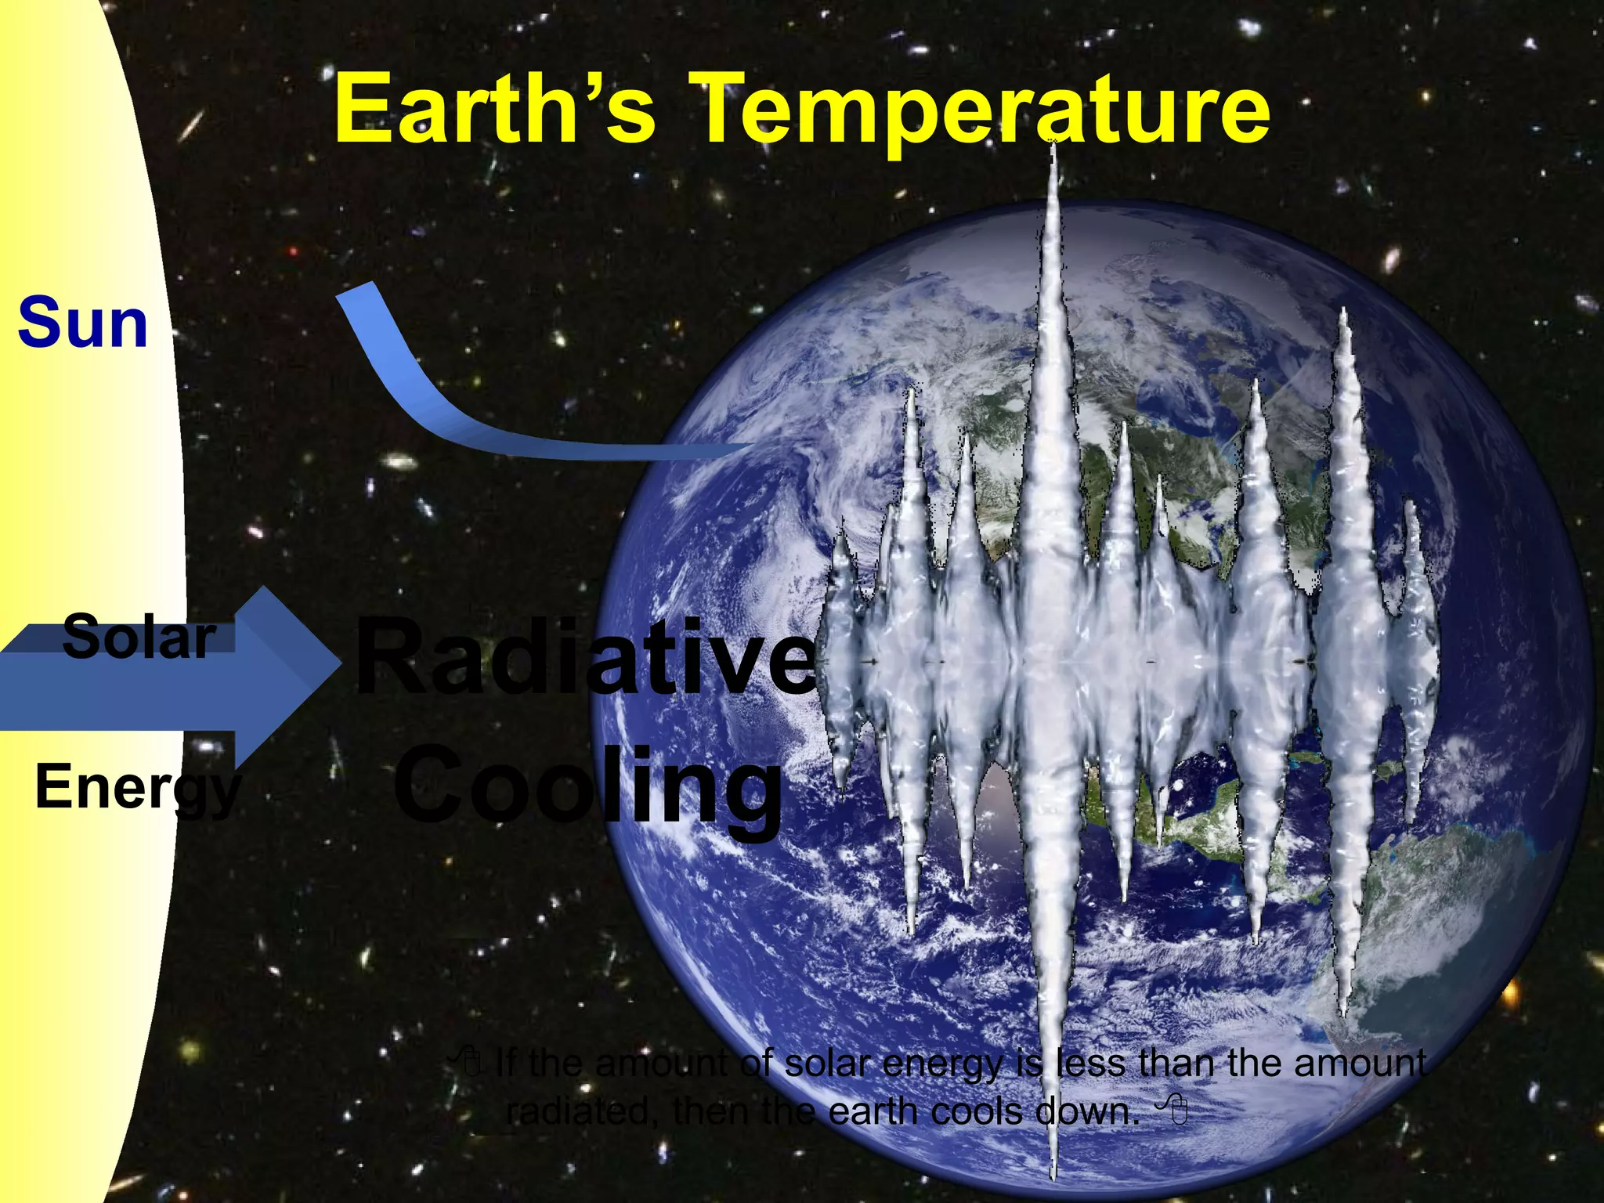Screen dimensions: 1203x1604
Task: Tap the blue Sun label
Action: point(83,323)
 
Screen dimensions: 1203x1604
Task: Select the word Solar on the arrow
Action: point(139,637)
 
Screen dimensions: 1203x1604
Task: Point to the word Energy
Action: point(137,788)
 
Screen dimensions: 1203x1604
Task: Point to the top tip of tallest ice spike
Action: point(1053,146)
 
